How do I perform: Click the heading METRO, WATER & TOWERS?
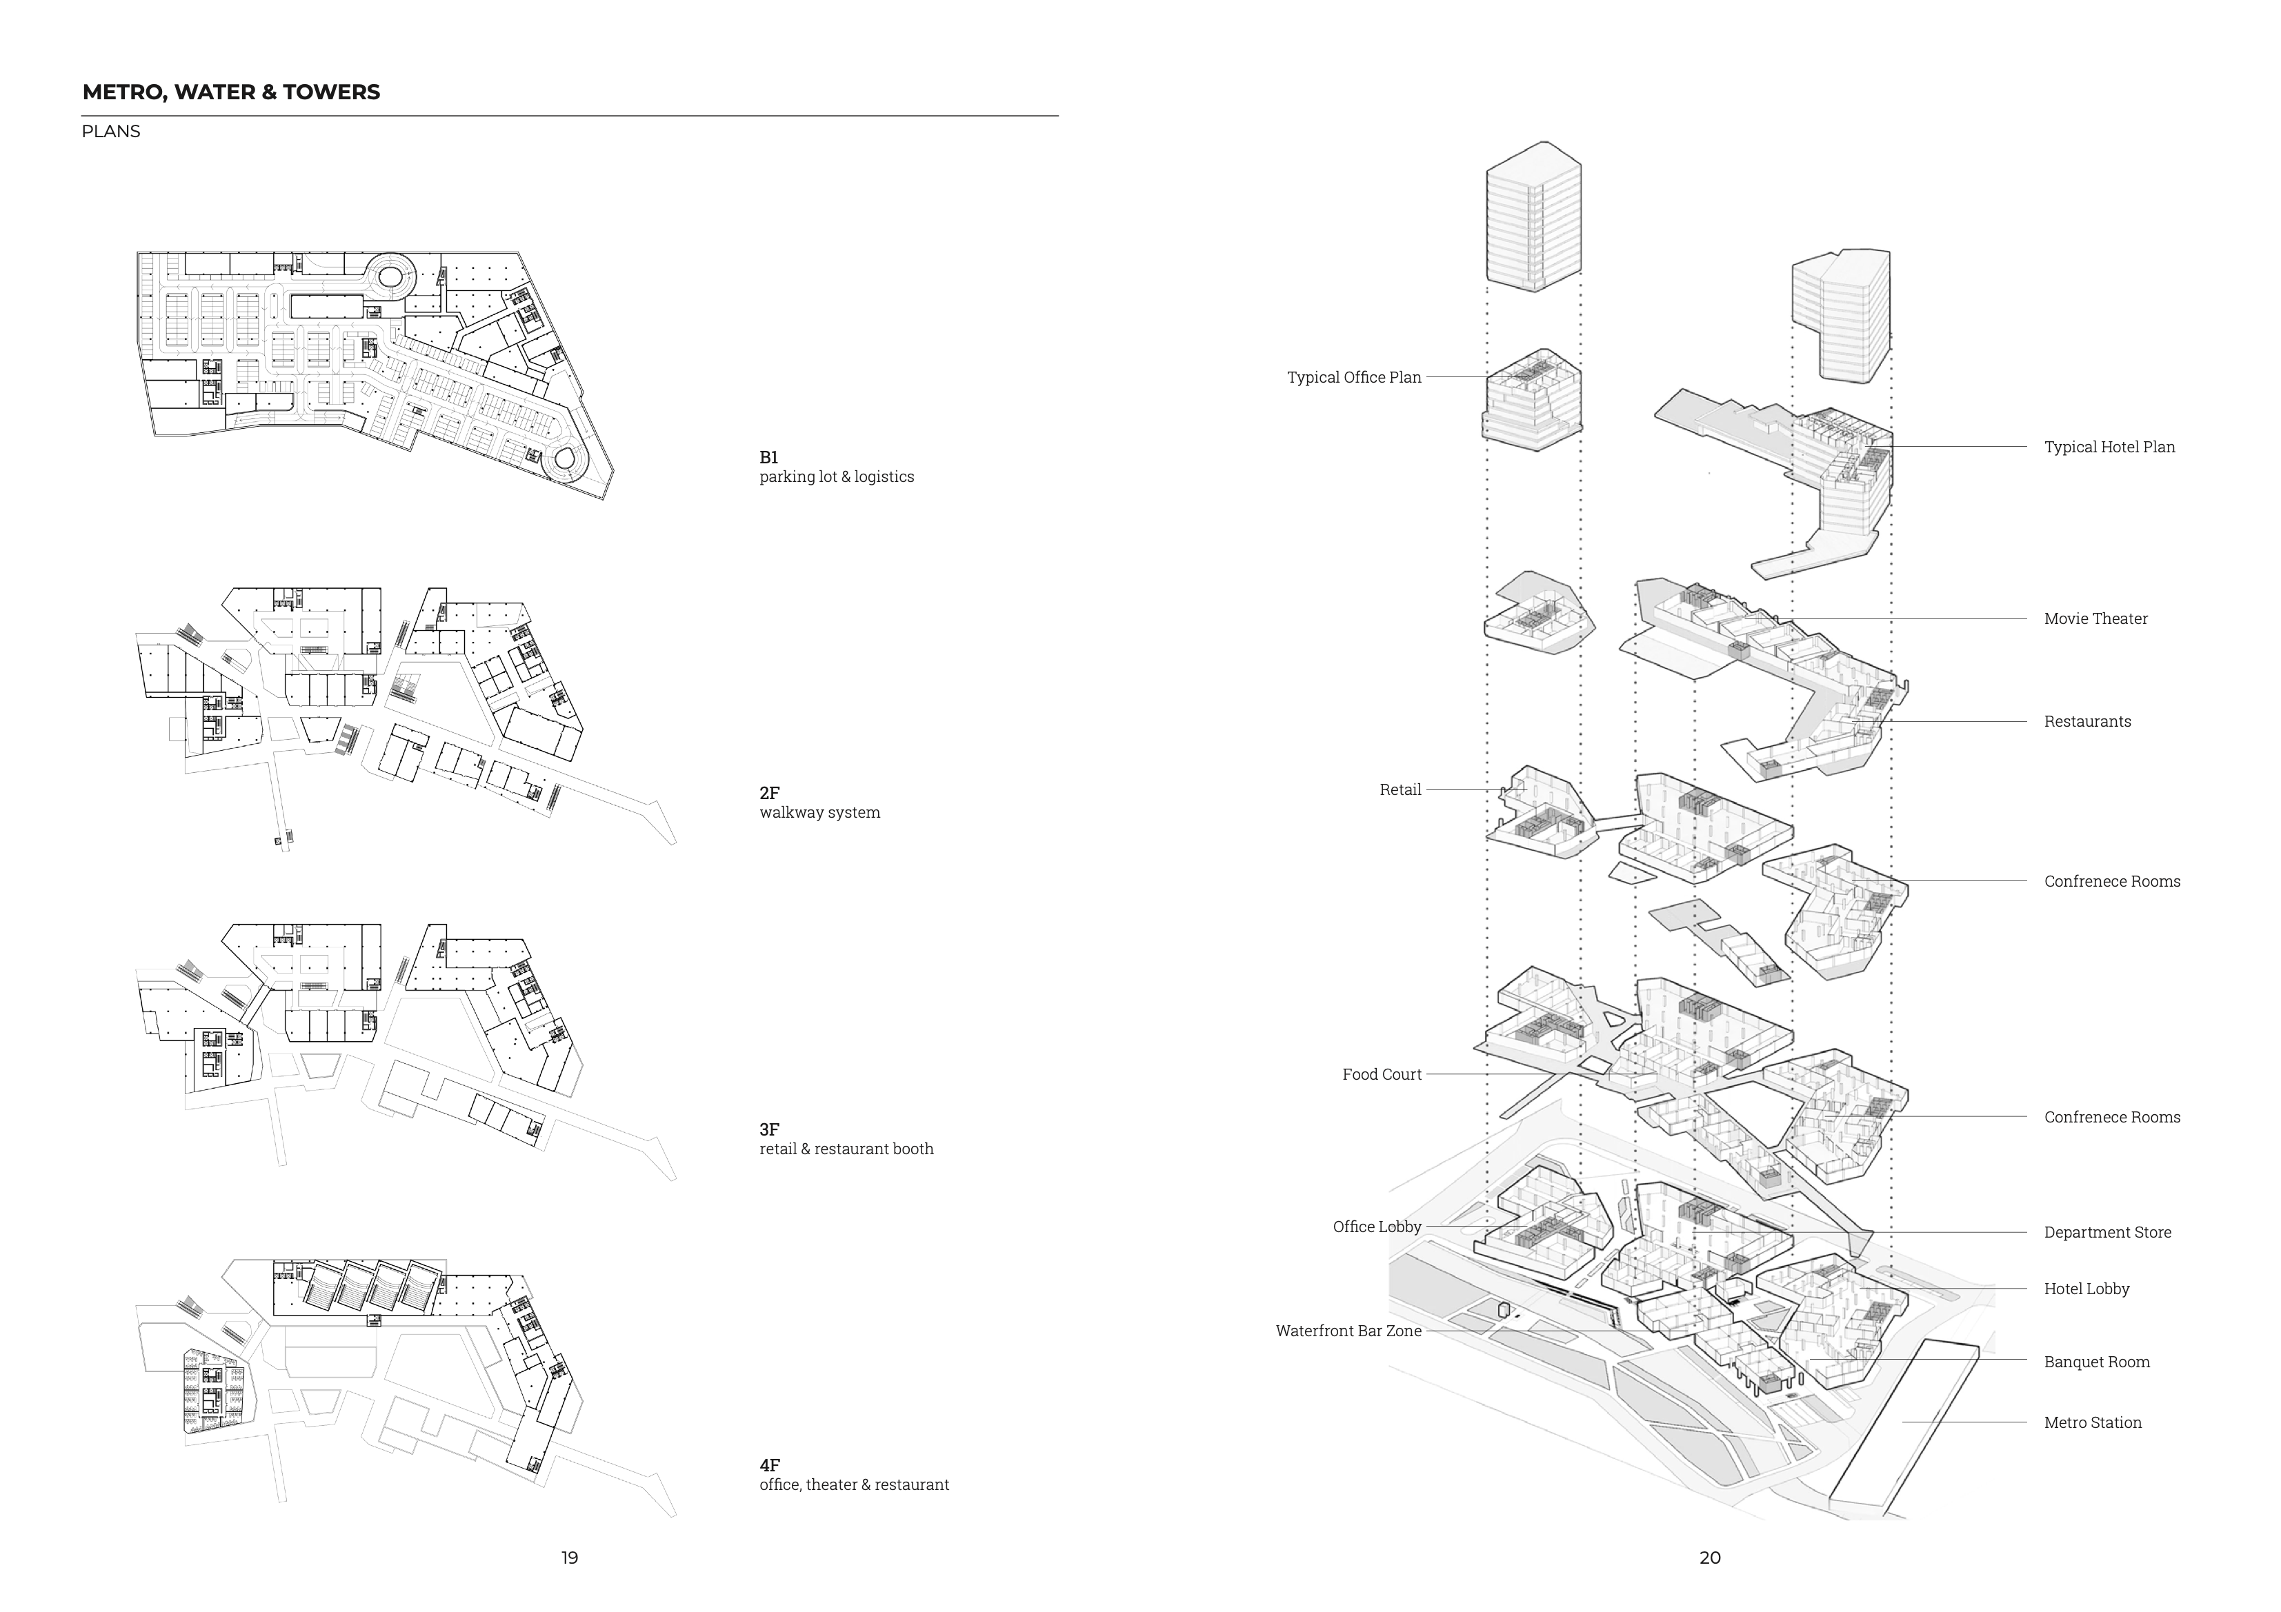click(x=230, y=92)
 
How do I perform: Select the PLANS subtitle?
click(x=110, y=131)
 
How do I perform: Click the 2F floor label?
click(x=770, y=794)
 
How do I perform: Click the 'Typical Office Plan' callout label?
click(x=1354, y=377)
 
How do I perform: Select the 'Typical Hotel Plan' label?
click(x=2109, y=447)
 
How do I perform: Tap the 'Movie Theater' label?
click(x=2095, y=618)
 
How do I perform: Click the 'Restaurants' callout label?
click(x=2087, y=722)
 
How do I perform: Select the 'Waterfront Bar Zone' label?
click(x=1349, y=1331)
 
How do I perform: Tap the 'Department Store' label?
click(x=2107, y=1233)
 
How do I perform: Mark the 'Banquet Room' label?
click(x=2096, y=1362)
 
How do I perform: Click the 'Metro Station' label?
click(x=2092, y=1423)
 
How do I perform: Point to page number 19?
click(x=569, y=1558)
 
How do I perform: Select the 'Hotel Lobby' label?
click(x=2086, y=1289)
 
